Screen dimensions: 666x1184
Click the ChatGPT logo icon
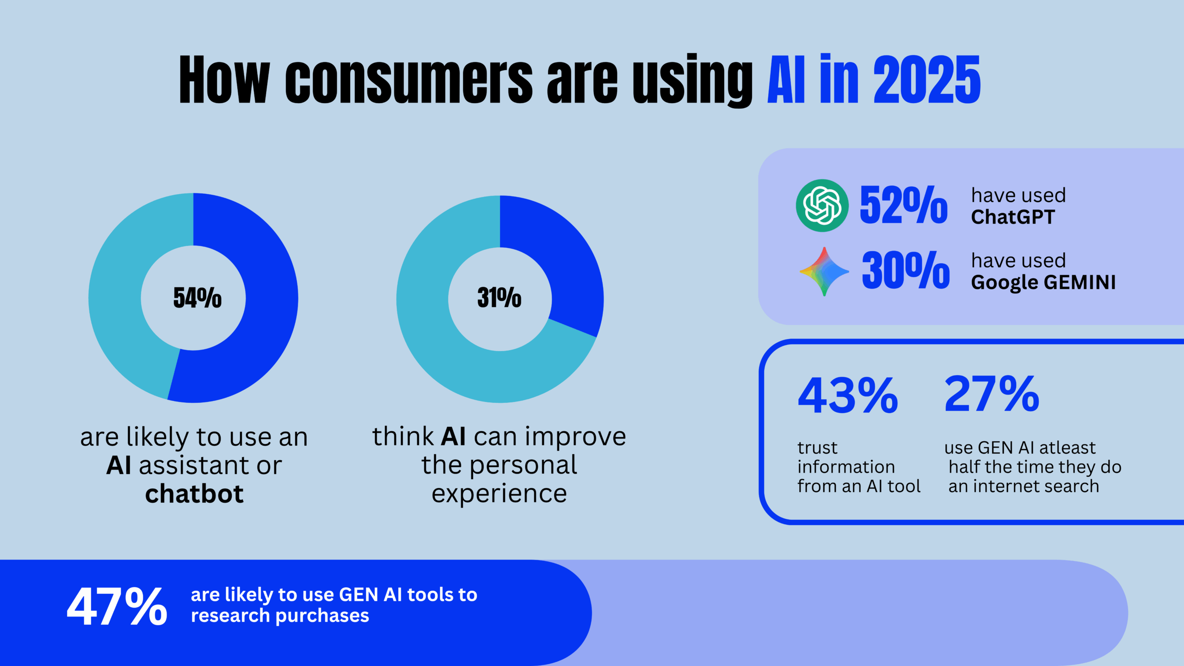pyautogui.click(x=822, y=205)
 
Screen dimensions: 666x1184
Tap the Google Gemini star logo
pyautogui.click(x=824, y=271)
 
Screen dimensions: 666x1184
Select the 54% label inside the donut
pyautogui.click(x=197, y=297)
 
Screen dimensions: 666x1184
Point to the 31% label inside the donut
pyautogui.click(x=499, y=297)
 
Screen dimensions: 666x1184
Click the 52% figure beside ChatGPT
pyautogui.click(x=903, y=205)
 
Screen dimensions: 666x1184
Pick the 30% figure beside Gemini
pyautogui.click(x=906, y=271)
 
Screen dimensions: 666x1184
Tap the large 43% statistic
pyautogui.click(x=848, y=395)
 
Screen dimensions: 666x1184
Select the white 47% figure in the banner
pyautogui.click(x=117, y=607)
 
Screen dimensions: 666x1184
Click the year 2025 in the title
pyautogui.click(x=926, y=80)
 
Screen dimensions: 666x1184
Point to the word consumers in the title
pyautogui.click(x=409, y=80)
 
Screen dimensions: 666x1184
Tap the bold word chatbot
pyautogui.click(x=194, y=494)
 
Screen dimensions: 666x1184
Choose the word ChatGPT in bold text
pyautogui.click(x=1013, y=217)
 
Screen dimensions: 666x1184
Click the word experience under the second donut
pyautogui.click(x=499, y=494)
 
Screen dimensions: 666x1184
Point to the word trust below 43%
pyautogui.click(x=817, y=448)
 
